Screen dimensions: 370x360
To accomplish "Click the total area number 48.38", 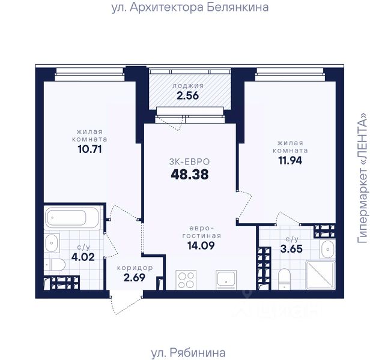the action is click(x=190, y=175).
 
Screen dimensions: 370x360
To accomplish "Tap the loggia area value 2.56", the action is click(x=187, y=96).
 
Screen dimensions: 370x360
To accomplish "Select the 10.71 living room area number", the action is click(x=89, y=149).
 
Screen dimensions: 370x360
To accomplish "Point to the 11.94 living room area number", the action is click(x=290, y=161).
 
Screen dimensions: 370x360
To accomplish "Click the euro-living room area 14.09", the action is click(x=201, y=245).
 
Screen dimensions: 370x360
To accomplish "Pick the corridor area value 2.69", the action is click(x=135, y=277).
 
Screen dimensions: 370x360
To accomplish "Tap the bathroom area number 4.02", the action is click(x=83, y=257).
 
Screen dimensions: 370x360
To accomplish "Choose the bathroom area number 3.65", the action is click(x=291, y=249).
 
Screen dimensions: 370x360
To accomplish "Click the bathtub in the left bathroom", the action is click(x=72, y=218).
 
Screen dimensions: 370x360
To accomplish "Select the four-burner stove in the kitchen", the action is click(x=186, y=280).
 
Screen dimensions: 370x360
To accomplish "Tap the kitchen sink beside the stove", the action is click(x=226, y=280).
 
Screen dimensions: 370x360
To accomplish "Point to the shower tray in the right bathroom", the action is click(x=321, y=275).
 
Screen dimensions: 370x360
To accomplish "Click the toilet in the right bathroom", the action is click(x=284, y=279).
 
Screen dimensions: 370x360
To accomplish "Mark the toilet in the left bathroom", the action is click(x=55, y=265).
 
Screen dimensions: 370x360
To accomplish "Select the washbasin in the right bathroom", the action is click(x=327, y=249).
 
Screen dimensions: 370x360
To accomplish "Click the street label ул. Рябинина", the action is click(x=188, y=353).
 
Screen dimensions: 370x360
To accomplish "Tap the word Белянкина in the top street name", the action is click(x=238, y=7).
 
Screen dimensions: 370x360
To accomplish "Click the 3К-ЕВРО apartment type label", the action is click(x=189, y=162).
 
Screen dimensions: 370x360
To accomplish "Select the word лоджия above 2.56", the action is click(x=188, y=86).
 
